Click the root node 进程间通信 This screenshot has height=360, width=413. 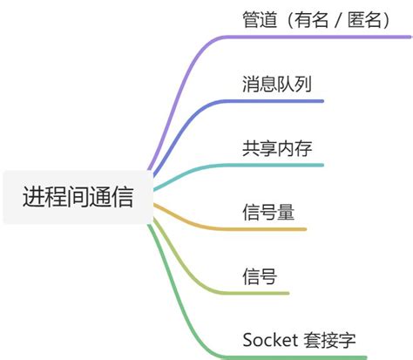click(x=78, y=197)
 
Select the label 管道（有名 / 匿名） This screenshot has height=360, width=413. click(x=315, y=19)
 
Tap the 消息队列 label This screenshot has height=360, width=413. click(x=277, y=84)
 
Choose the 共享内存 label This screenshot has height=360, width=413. click(x=277, y=147)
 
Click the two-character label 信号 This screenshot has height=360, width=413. click(x=260, y=276)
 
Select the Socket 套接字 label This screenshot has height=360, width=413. click(x=299, y=339)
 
